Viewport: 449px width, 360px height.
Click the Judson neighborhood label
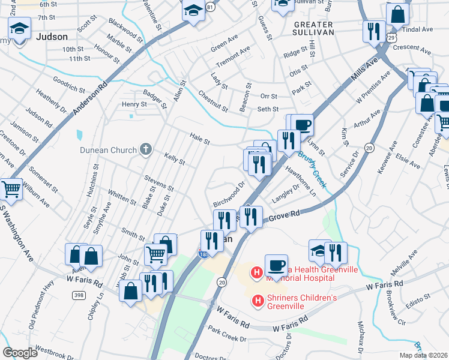pyautogui.click(x=52, y=37)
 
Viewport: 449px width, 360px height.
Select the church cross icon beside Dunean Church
pyautogui.click(x=145, y=149)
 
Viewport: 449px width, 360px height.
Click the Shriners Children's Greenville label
pyautogui.click(x=302, y=301)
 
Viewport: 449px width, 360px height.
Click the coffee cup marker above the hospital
pyautogui.click(x=276, y=265)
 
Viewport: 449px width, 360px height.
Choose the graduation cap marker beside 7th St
pyautogui.click(x=20, y=28)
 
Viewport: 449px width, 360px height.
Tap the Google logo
pyautogui.click(x=20, y=353)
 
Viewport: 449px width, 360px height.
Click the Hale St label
pyautogui.click(x=199, y=141)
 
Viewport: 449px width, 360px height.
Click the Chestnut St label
pyautogui.click(x=213, y=101)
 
